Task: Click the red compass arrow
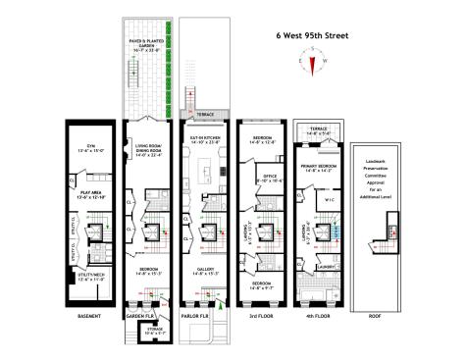tap(313, 66)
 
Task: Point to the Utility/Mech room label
tap(87, 278)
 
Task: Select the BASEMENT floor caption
tap(90, 316)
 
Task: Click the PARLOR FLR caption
tap(200, 316)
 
